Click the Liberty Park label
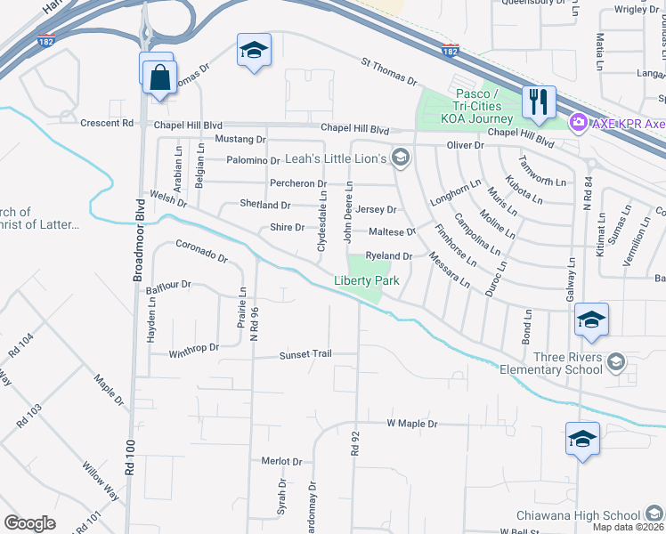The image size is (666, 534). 366,280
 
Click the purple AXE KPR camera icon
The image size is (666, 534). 577,121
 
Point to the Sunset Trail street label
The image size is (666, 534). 305,354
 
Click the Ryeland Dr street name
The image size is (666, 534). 388,256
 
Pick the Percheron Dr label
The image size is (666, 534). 298,183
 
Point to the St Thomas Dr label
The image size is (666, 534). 389,72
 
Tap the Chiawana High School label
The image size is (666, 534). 578,515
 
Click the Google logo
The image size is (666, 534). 29,523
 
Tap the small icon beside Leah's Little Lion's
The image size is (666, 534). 401,158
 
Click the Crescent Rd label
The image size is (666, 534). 108,124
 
